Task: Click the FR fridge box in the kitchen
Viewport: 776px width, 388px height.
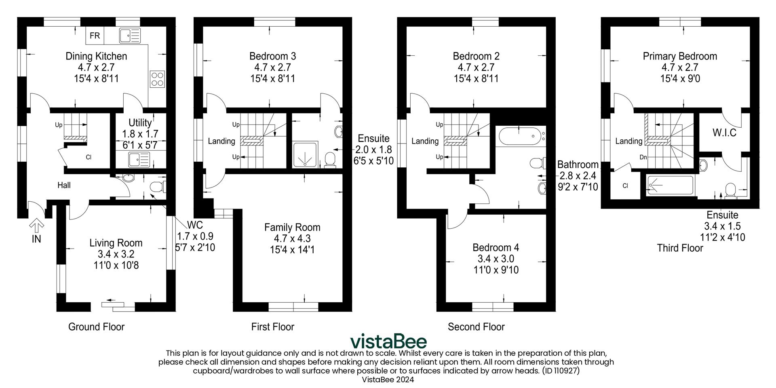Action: point(95,36)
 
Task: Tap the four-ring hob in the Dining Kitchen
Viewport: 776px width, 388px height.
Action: point(157,79)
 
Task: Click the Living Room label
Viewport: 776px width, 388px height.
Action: point(116,243)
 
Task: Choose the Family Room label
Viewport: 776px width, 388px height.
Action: point(292,227)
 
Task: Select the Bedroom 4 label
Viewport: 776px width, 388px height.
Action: point(496,247)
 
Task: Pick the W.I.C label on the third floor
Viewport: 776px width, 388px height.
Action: point(724,133)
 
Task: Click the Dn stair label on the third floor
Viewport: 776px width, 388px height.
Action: point(643,157)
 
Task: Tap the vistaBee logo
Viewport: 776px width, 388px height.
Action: point(388,342)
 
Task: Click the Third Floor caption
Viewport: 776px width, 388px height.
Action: point(680,248)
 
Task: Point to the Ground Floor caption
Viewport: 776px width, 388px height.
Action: point(96,327)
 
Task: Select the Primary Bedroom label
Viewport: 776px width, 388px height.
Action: point(680,56)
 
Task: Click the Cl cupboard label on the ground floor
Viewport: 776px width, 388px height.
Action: point(89,157)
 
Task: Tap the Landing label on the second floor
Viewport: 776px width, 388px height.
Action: point(425,141)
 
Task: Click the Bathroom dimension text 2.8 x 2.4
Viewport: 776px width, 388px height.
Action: point(578,176)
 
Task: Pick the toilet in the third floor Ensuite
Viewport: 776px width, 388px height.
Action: point(730,191)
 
